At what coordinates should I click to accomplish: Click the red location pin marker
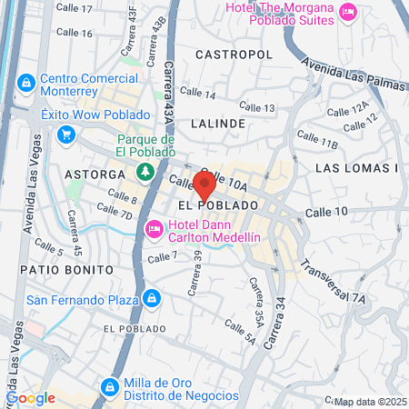[x=204, y=185]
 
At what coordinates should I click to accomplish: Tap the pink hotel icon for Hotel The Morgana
[x=347, y=11]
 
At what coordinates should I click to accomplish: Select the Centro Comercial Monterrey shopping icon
[x=25, y=84]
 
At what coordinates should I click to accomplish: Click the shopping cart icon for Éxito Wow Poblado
[x=65, y=135]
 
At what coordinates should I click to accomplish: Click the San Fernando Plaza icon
[x=151, y=297]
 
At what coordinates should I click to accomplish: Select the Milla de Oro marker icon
[x=108, y=386]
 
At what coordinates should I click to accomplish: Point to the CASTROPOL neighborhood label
[x=233, y=55]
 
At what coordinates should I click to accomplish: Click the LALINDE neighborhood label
[x=218, y=123]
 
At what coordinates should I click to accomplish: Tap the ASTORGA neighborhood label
[x=95, y=173]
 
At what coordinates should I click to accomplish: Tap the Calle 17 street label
[x=74, y=8]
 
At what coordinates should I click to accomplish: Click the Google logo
[x=30, y=397]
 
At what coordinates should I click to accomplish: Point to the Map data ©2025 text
[x=369, y=402]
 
